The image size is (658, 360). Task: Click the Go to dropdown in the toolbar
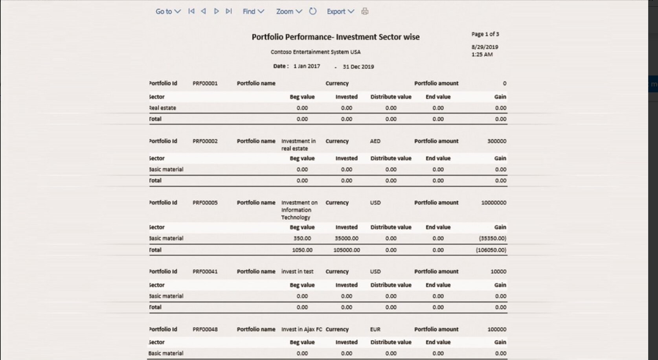point(168,11)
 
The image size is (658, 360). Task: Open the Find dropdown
point(253,11)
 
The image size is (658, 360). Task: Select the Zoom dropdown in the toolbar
point(289,11)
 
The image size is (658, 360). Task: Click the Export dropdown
point(340,11)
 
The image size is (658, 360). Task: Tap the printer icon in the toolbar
point(365,11)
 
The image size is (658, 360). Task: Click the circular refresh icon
point(312,11)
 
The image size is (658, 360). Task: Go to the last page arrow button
point(229,11)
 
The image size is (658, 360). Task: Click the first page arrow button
point(191,11)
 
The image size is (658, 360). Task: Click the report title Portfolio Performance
point(335,37)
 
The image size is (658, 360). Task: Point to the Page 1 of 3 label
point(485,34)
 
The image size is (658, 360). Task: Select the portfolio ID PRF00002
point(205,141)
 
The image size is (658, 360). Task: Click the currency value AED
point(375,141)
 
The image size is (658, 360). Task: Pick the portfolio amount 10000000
point(493,203)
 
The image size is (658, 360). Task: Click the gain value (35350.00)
point(492,239)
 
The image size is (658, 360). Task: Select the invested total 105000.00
point(346,250)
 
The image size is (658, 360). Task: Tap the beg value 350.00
point(302,239)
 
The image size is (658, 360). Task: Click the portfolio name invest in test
point(297,272)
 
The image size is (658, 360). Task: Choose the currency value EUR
point(375,329)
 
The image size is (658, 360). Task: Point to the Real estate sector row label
point(163,108)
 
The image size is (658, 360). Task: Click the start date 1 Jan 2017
point(307,66)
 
